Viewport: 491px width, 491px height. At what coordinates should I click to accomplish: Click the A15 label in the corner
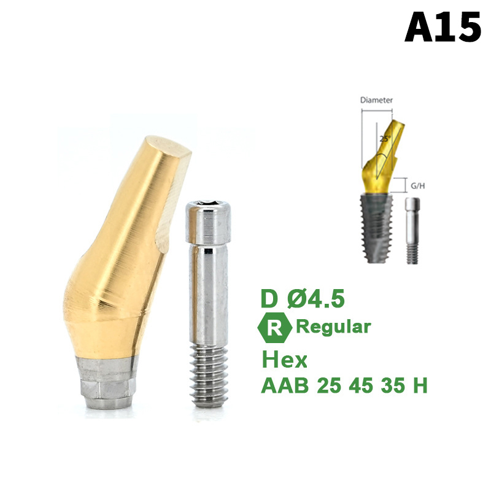(x=442, y=27)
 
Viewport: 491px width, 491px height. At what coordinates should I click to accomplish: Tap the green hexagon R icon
(x=274, y=328)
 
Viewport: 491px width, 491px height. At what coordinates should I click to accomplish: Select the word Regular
(x=333, y=327)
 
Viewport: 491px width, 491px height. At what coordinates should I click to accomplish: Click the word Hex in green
(x=284, y=360)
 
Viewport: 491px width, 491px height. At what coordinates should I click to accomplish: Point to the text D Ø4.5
(x=303, y=298)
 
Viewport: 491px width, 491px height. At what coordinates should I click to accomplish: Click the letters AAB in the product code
(x=285, y=385)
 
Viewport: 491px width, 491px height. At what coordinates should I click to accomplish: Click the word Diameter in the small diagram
(x=376, y=100)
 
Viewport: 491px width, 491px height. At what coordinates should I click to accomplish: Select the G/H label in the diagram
(x=418, y=186)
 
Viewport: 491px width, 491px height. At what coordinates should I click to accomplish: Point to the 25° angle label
(x=385, y=139)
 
